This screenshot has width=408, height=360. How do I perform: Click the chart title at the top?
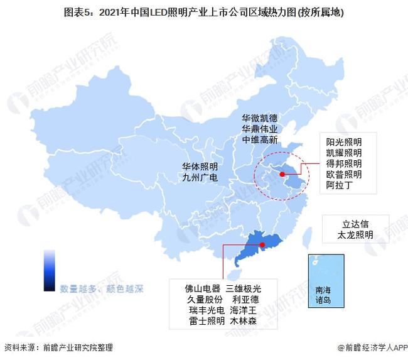pyautogui.click(x=203, y=11)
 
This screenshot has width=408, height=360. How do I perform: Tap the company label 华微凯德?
pyautogui.click(x=259, y=117)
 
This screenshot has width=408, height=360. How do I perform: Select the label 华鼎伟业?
pyautogui.click(x=259, y=129)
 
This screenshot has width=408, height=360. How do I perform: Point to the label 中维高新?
pyautogui.click(x=259, y=140)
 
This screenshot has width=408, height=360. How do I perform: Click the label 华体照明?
pyautogui.click(x=200, y=166)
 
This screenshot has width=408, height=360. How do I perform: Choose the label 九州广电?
pyautogui.click(x=200, y=178)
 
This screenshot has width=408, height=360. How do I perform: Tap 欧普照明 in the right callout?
pyautogui.click(x=343, y=174)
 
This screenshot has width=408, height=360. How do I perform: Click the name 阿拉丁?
pyautogui.click(x=340, y=185)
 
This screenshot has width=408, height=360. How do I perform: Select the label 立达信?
pyautogui.click(x=355, y=223)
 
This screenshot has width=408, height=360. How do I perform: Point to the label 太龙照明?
pyautogui.click(x=355, y=235)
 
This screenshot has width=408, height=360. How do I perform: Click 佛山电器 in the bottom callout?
pyautogui.click(x=202, y=288)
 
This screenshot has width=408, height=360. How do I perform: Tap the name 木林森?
pyautogui.click(x=244, y=321)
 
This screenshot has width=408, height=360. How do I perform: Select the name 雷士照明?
pyautogui.click(x=202, y=321)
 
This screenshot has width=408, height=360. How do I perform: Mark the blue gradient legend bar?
pyautogui.click(x=49, y=270)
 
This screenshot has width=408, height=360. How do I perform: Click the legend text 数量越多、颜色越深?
pyautogui.click(x=102, y=290)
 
